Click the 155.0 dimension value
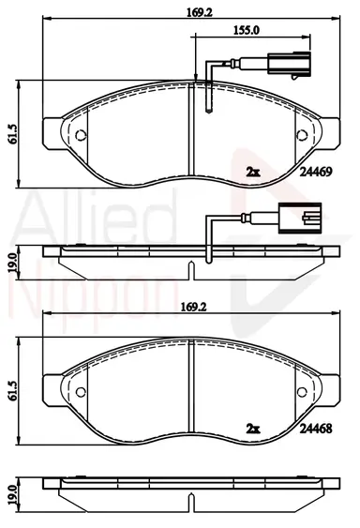pyautogui.click(x=247, y=30)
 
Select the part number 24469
pyautogui.click(x=316, y=172)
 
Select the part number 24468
pyautogui.click(x=316, y=429)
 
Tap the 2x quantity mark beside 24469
pyautogui.click(x=253, y=173)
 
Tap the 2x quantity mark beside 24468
pyautogui.click(x=253, y=429)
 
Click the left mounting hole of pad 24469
pyautogui.click(x=81, y=135)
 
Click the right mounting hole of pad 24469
pyautogui.click(x=302, y=135)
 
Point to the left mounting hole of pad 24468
pyautogui.click(x=81, y=392)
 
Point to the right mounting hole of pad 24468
pyautogui.click(x=302, y=392)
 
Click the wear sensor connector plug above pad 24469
pyautogui.click(x=289, y=64)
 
